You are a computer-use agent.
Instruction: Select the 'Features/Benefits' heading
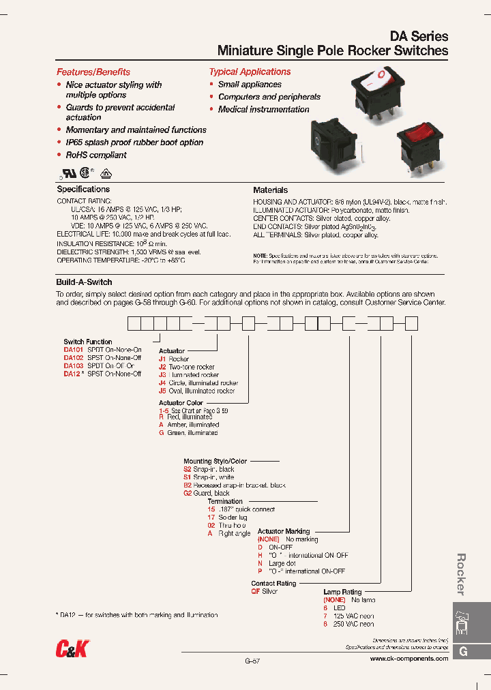coord(93,72)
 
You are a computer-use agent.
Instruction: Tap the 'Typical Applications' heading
coord(250,72)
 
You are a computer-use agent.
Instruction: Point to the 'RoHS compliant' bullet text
coord(96,155)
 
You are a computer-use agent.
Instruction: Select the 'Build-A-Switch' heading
coord(84,282)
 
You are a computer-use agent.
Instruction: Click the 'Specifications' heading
coord(83,189)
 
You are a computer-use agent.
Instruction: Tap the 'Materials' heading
coord(270,190)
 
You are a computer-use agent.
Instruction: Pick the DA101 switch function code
coord(73,350)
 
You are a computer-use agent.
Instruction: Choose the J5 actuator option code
coord(162,391)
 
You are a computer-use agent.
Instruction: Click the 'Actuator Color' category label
coord(181,403)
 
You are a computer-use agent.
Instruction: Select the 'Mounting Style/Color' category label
coord(215,462)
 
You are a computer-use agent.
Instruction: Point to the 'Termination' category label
coord(225,501)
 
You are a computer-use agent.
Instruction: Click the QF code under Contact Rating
coord(256,592)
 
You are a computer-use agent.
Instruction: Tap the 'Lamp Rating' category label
coord(342,592)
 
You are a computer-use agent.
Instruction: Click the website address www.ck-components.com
coord(409,659)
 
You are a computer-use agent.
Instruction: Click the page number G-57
coord(252,661)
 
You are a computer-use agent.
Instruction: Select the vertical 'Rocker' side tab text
coord(462,574)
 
